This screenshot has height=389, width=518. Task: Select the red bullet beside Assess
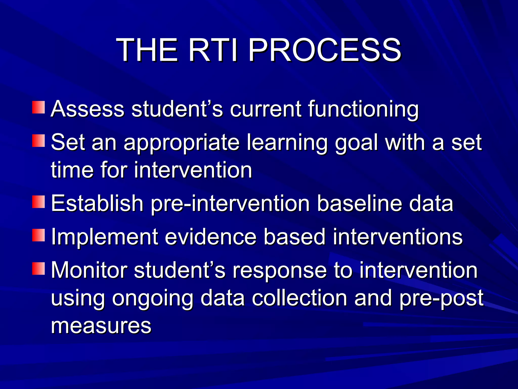38,107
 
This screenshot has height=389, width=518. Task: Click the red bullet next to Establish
38,202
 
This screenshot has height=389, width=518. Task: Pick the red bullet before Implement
38,235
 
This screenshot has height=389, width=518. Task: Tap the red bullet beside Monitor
38,269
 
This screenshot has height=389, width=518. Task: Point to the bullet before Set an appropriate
38,141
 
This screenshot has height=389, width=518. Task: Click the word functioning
363,109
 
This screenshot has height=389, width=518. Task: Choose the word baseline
359,203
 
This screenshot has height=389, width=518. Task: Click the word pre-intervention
230,204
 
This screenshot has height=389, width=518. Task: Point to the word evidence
210,237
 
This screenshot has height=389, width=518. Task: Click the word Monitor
89,270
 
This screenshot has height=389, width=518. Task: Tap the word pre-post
441,299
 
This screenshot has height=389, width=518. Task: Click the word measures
101,326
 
